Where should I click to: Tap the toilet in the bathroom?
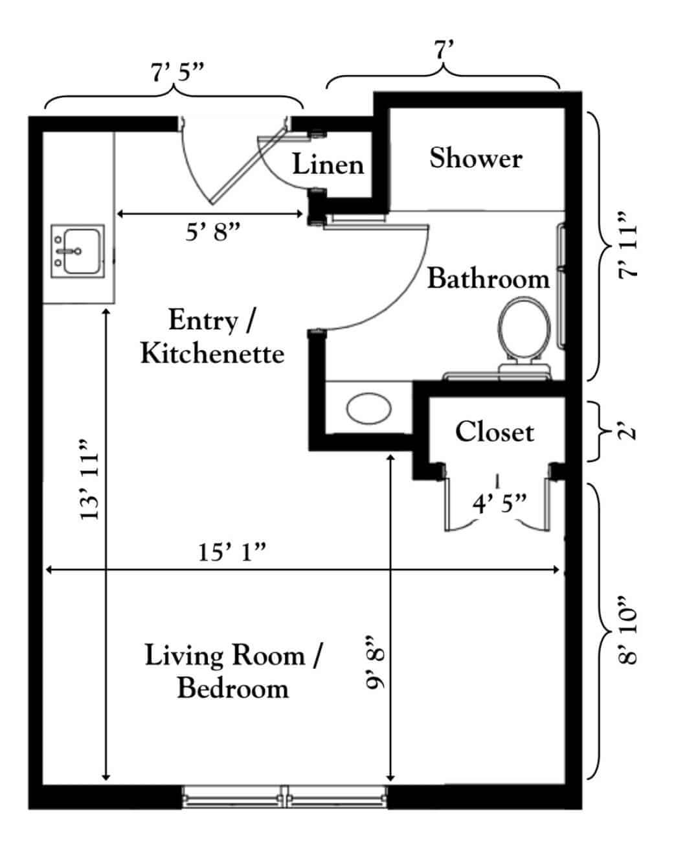pos(524,330)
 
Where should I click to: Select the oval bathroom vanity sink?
pos(369,409)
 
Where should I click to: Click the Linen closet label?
pos(328,165)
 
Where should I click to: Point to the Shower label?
pos(476,158)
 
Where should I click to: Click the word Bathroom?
pos(488,279)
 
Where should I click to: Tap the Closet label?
pos(494,432)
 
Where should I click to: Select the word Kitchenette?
pos(212,354)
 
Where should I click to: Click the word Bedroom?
pos(232,687)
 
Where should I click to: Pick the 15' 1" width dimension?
pos(233,553)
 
